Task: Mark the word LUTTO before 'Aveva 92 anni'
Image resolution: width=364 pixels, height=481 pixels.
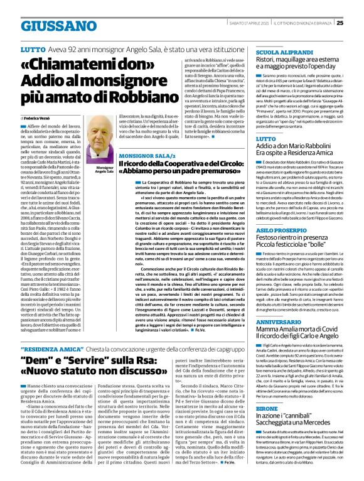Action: (32, 49)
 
